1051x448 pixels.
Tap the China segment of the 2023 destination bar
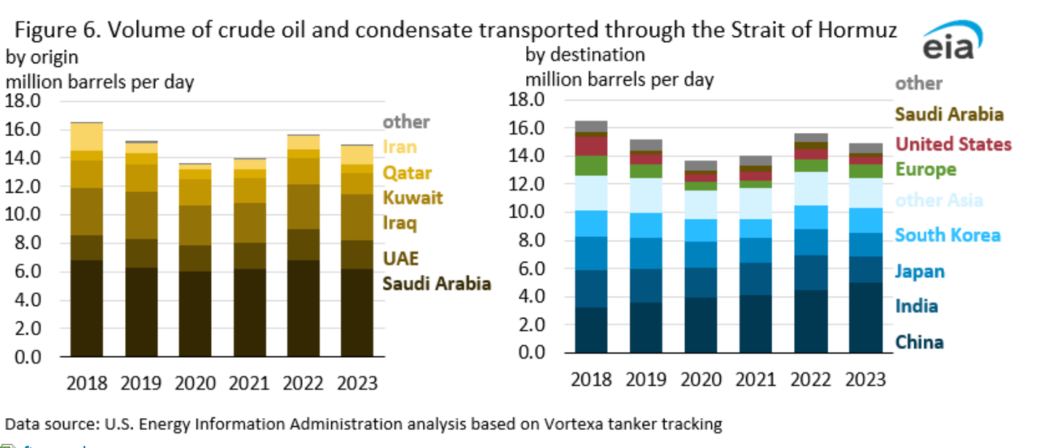click(x=865, y=318)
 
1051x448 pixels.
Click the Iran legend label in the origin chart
click(x=400, y=147)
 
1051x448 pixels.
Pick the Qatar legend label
click(x=407, y=173)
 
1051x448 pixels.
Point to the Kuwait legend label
click(x=412, y=198)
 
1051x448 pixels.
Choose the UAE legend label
click(x=401, y=259)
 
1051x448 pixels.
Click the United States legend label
click(x=953, y=144)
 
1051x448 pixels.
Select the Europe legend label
click(x=925, y=170)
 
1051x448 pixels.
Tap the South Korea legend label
click(x=947, y=235)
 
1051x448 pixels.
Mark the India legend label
click(x=916, y=306)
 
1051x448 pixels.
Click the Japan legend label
click(x=919, y=271)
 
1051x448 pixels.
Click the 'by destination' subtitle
click(x=585, y=55)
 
